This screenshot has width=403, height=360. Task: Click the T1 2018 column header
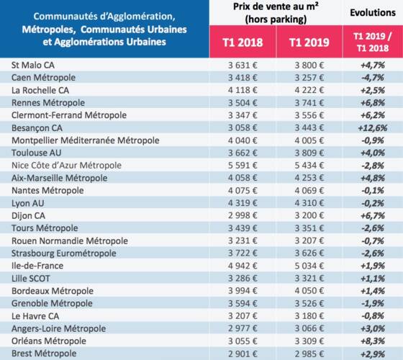(x=243, y=42)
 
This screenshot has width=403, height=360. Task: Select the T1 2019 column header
(x=309, y=42)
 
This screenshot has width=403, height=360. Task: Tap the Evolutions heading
(x=373, y=13)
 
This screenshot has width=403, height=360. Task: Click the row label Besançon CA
(x=37, y=128)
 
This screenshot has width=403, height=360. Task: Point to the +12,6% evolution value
(x=373, y=128)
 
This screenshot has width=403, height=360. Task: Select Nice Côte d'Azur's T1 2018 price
(x=243, y=166)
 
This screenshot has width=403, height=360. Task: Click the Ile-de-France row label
(x=37, y=266)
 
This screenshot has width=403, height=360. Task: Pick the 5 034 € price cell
(x=309, y=266)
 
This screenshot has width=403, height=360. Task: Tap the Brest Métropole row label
(x=44, y=354)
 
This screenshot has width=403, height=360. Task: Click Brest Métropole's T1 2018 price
(x=243, y=354)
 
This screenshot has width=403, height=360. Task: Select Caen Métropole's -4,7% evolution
(x=373, y=78)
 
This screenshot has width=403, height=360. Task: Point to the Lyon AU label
(x=28, y=203)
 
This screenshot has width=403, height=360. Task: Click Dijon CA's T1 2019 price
(x=309, y=215)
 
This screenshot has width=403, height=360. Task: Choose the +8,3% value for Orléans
(x=373, y=341)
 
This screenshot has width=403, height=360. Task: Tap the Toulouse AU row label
(x=37, y=153)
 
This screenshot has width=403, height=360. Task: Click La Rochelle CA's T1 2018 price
(x=243, y=90)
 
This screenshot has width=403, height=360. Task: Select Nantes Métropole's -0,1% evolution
(x=373, y=191)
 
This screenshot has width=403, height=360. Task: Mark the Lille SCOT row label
(x=31, y=278)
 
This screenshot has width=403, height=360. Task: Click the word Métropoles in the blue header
(x=49, y=30)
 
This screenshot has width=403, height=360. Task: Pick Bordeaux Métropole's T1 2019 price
(x=309, y=291)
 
